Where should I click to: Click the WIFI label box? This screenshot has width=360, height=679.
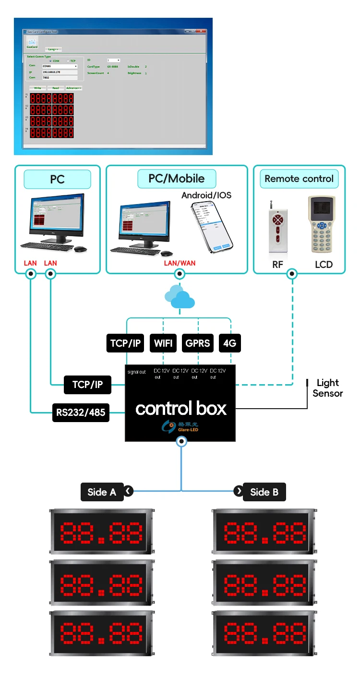tap(163, 343)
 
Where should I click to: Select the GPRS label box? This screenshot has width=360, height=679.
tap(198, 343)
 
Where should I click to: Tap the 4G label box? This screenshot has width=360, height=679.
tap(229, 343)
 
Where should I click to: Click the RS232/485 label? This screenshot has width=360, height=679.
tap(81, 412)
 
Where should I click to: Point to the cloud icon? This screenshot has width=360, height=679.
tap(180, 298)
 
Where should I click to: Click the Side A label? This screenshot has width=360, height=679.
tap(102, 492)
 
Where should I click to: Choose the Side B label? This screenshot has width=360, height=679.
tap(264, 492)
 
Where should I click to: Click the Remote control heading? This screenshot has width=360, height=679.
tap(299, 179)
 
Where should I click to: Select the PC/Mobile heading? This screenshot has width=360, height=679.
tap(176, 179)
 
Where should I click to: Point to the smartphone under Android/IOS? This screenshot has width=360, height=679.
tap(211, 227)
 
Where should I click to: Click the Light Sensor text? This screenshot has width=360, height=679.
tap(328, 388)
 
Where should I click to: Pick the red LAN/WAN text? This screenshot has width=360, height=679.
tap(180, 263)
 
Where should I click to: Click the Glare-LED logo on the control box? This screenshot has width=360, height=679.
tap(180, 426)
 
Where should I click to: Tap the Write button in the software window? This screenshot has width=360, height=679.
tap(37, 88)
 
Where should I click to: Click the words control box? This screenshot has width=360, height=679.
tap(180, 409)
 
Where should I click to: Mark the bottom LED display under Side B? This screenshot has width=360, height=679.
tap(265, 632)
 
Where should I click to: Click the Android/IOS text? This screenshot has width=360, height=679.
tap(206, 195)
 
